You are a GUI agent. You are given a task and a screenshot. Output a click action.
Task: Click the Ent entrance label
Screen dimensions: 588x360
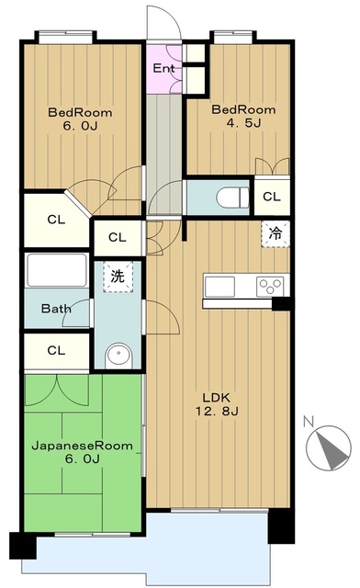tap(164, 69)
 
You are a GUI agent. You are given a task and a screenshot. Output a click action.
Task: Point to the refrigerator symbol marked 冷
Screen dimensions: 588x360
tap(275, 233)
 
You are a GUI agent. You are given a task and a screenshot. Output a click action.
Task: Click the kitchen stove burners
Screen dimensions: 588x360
tap(271, 286)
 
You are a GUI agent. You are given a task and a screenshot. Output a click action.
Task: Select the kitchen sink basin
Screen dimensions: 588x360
tap(220, 287)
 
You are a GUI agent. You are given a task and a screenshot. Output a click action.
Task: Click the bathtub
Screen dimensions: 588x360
tap(56, 272)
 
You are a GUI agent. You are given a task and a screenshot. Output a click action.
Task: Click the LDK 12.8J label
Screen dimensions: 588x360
tap(219, 405)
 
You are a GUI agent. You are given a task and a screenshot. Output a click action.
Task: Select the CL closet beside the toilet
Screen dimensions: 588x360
tap(272, 197)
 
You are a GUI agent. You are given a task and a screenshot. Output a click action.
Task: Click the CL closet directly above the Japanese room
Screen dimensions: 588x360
tap(56, 350)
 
